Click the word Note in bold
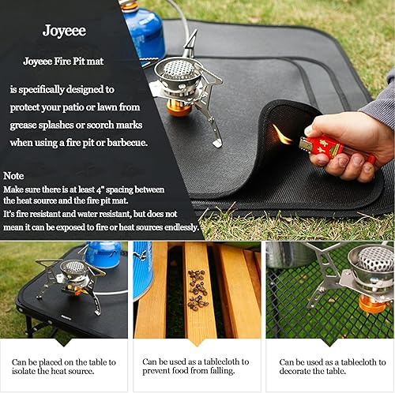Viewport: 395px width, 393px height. [13, 175]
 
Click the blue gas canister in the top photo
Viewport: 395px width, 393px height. [143, 32]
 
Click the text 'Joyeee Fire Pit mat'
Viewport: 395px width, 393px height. [65, 61]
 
